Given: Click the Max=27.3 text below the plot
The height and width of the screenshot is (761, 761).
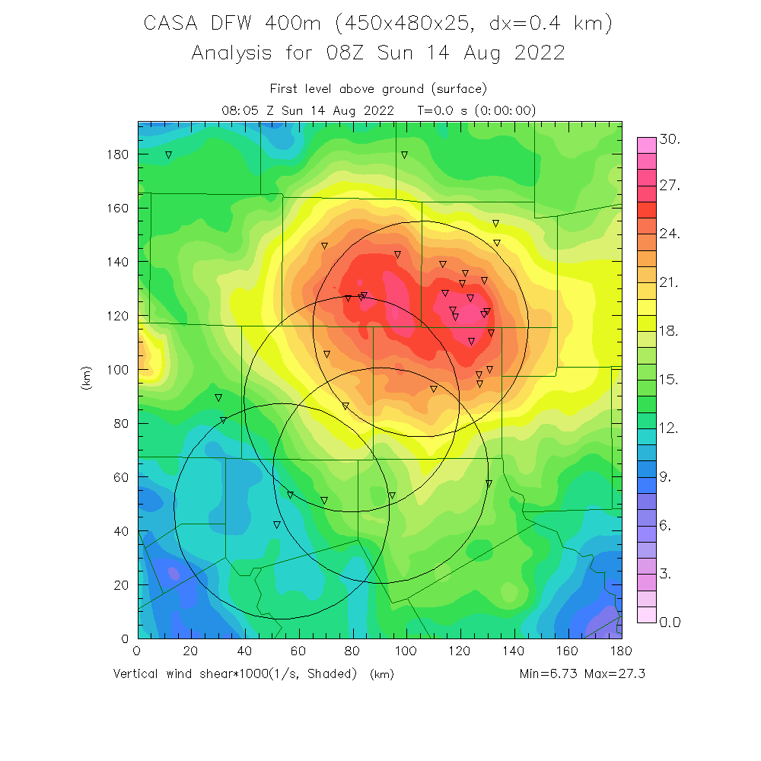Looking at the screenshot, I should (x=614, y=673).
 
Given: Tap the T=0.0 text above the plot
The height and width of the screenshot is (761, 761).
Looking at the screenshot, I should (x=435, y=110).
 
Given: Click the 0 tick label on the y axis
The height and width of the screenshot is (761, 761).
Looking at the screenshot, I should (x=125, y=638).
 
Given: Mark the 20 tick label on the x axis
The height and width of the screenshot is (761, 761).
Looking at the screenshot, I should (x=191, y=651).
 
